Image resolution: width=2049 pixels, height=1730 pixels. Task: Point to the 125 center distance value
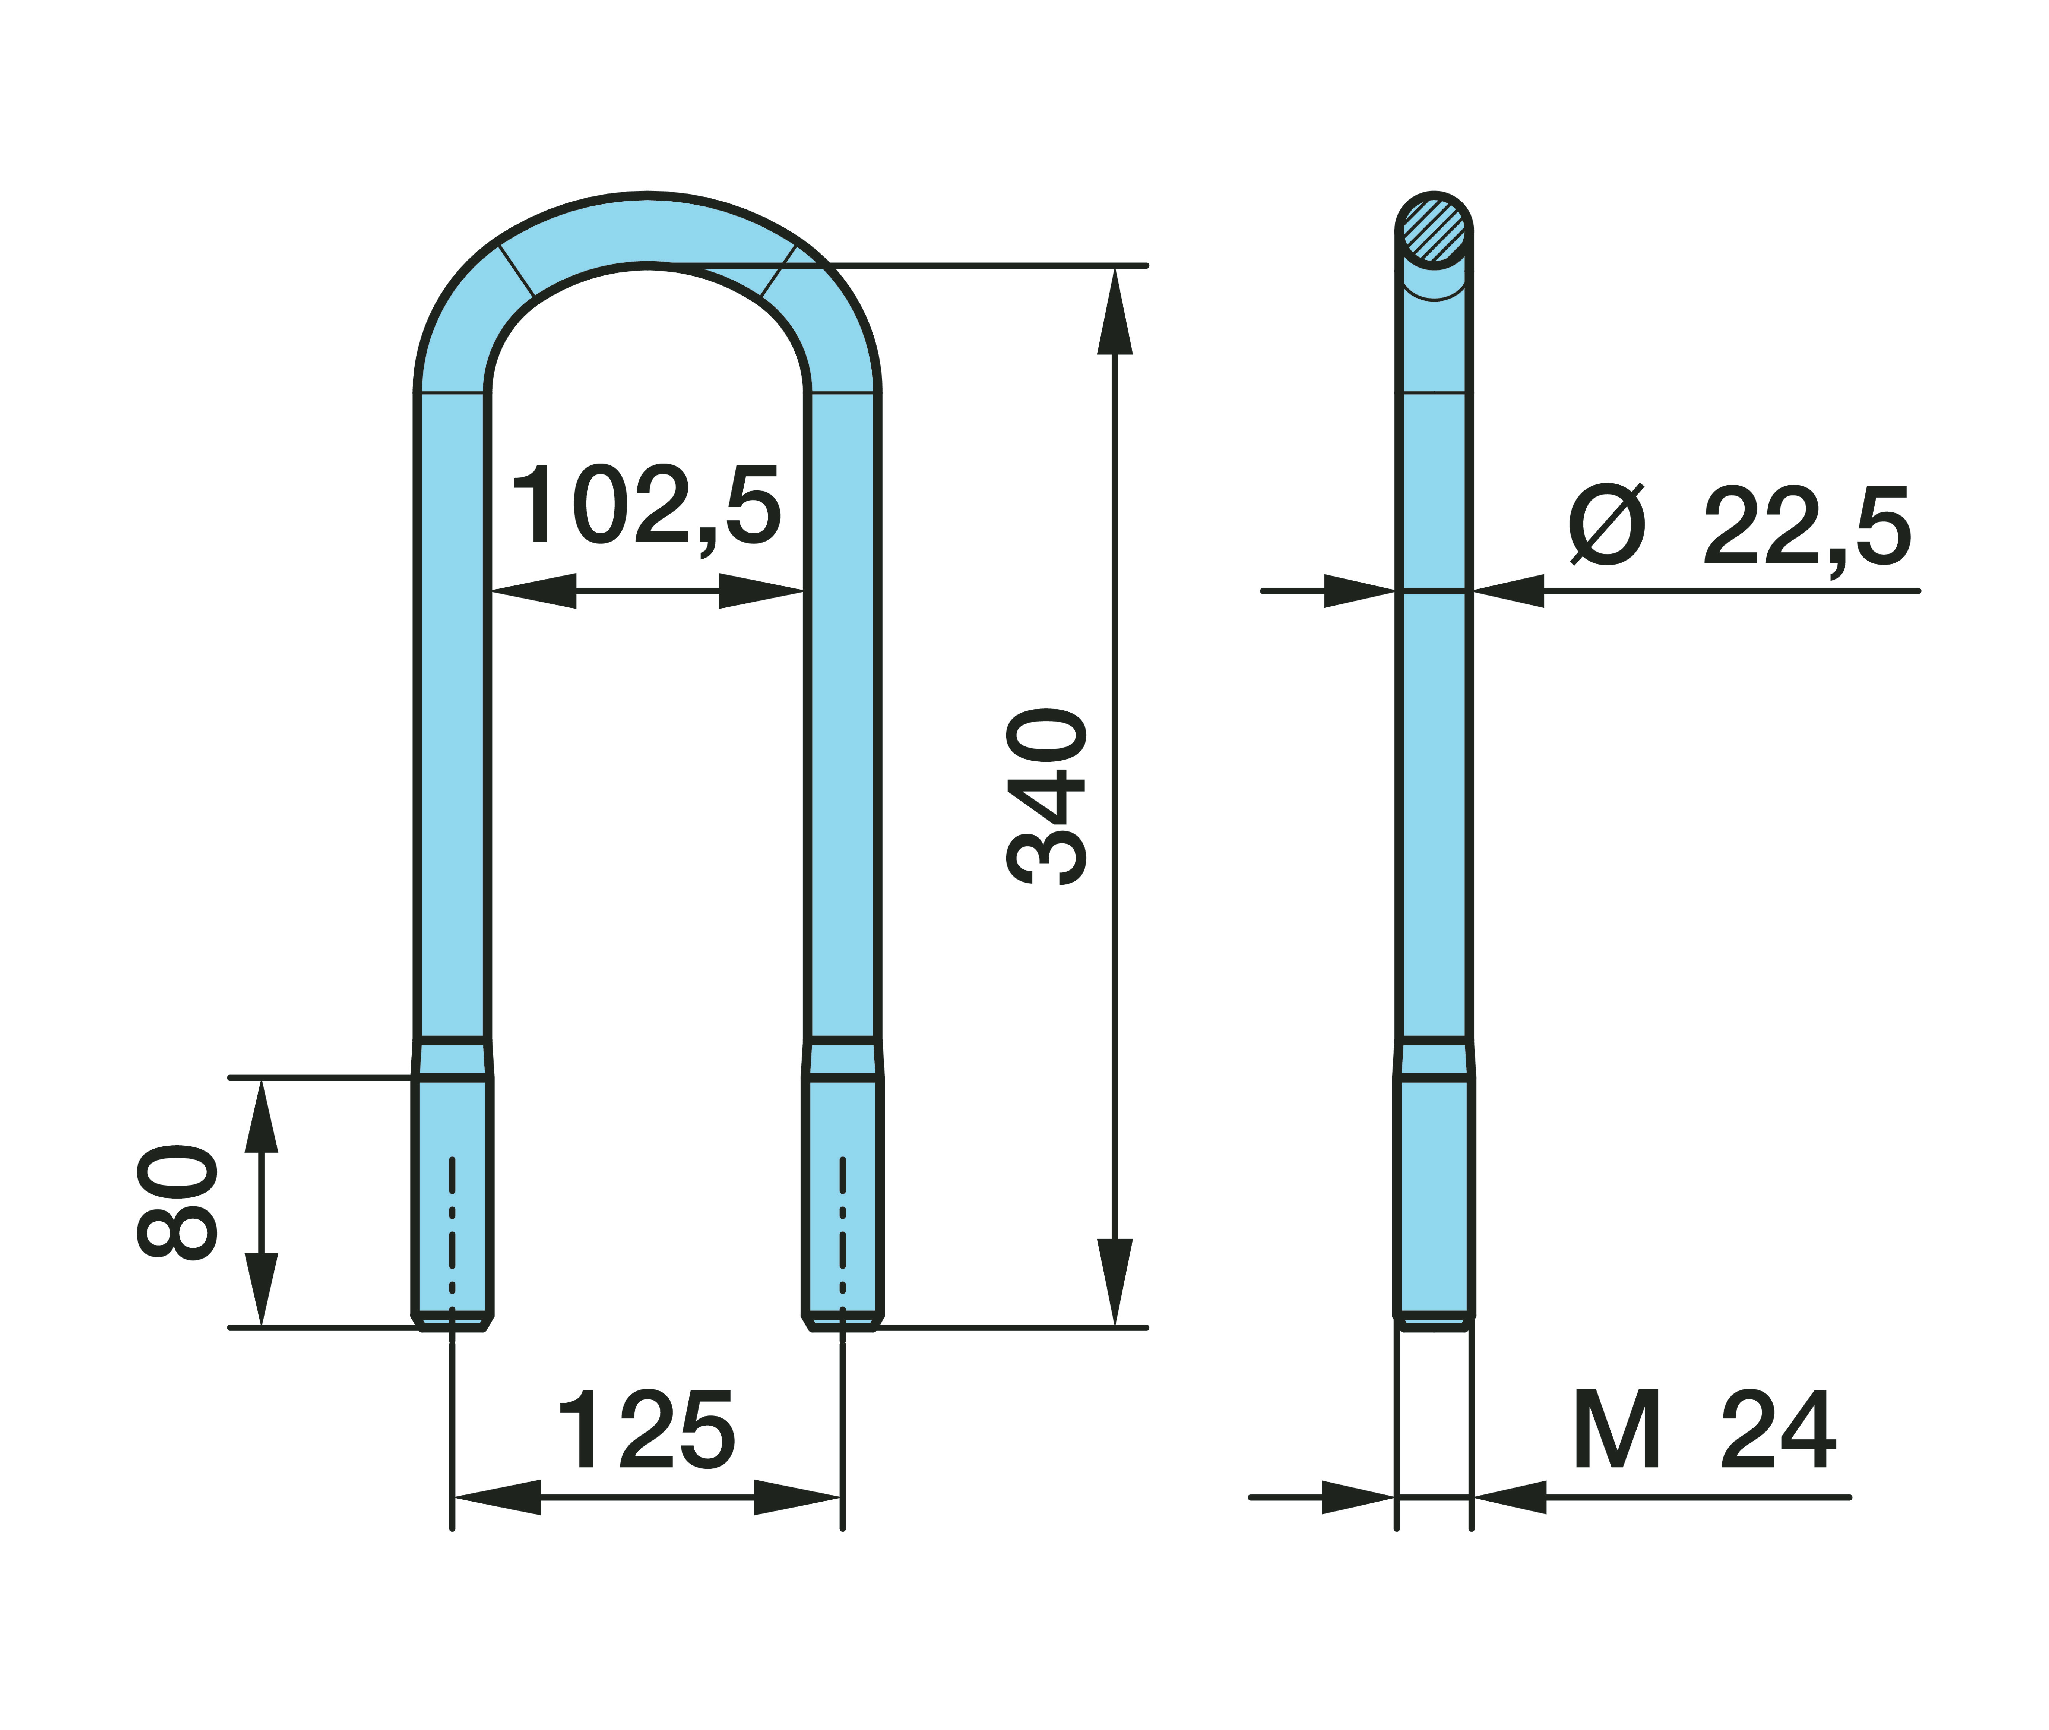646,1430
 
